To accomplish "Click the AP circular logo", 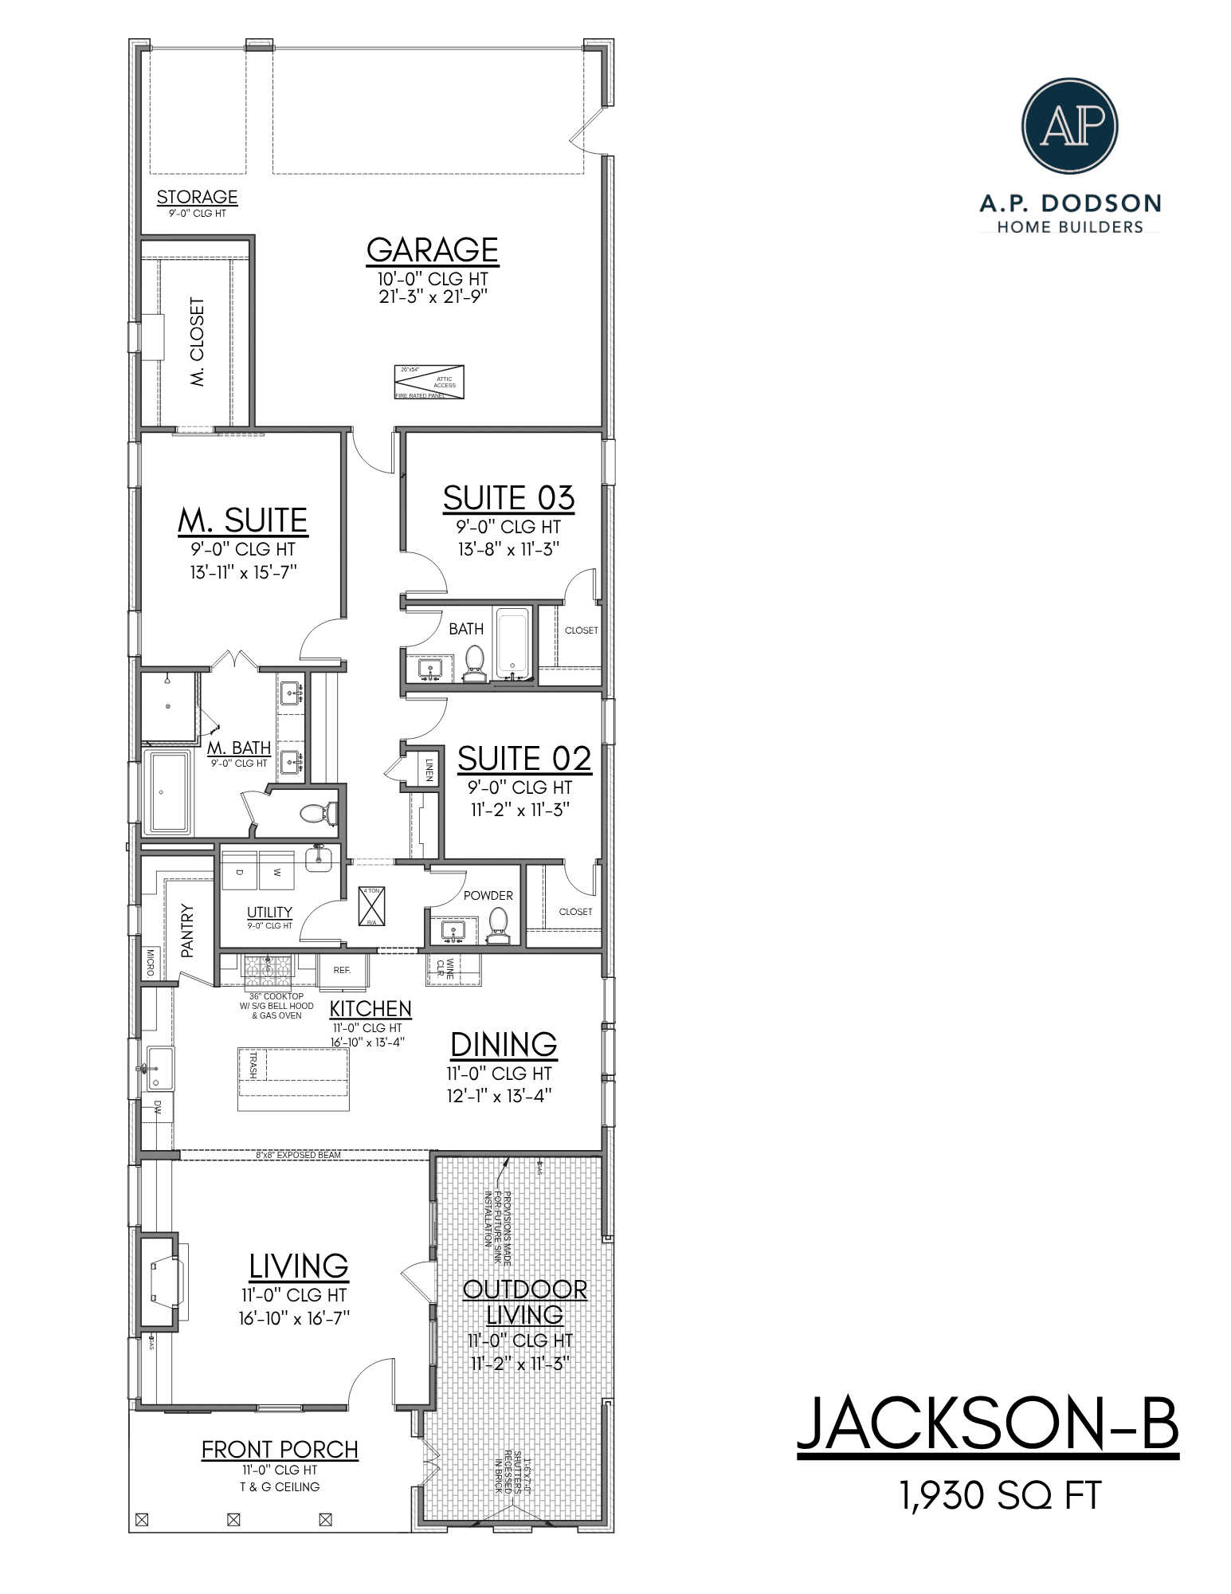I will (1069, 126).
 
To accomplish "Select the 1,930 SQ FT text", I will (1001, 1496).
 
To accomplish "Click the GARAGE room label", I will (432, 250).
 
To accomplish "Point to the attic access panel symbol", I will (429, 382).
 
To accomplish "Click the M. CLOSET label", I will (198, 342).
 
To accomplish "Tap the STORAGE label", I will (197, 197).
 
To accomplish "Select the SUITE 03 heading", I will (508, 498).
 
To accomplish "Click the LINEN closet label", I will (429, 769).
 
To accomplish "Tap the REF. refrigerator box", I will (343, 970).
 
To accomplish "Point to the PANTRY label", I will (188, 929).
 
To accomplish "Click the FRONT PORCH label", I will (280, 1450).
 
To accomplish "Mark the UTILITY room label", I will (269, 913).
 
